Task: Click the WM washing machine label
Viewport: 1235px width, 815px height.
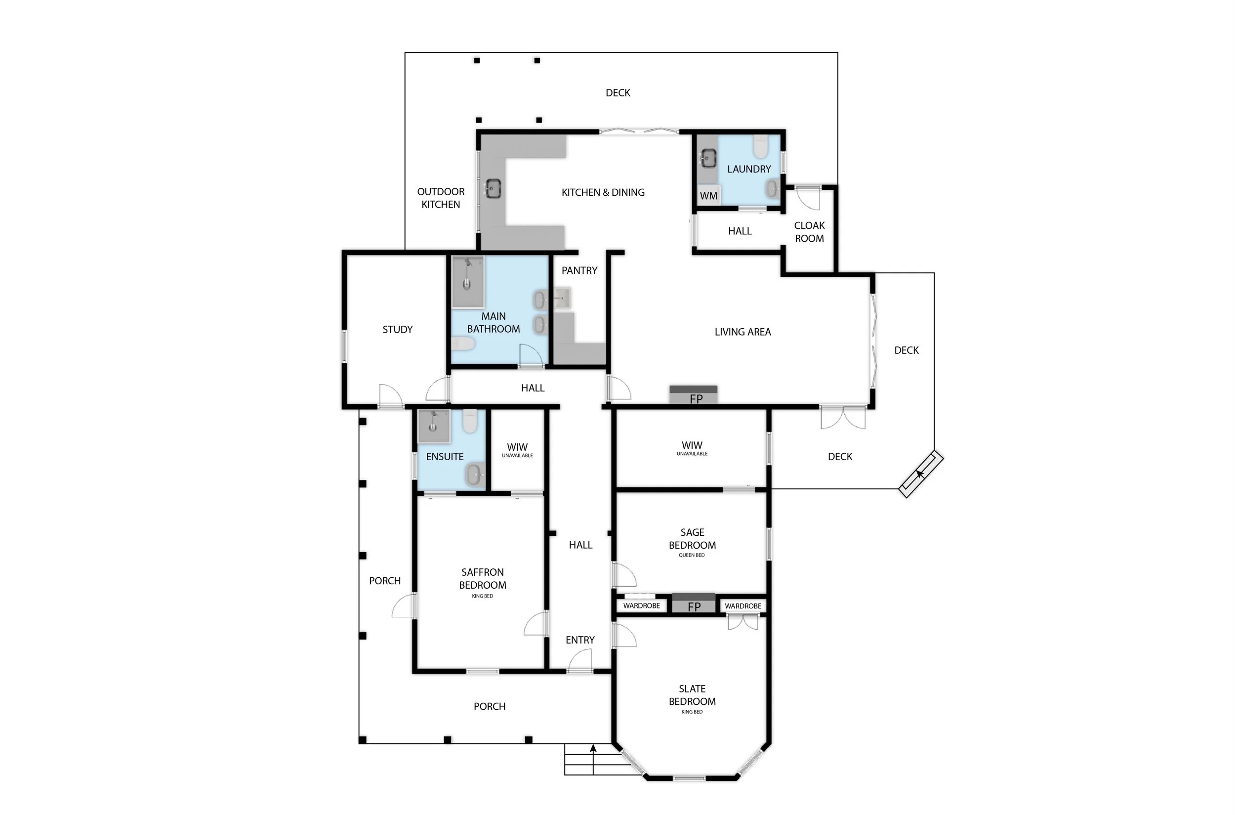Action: [708, 196]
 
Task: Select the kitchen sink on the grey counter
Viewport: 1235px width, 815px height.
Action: [492, 188]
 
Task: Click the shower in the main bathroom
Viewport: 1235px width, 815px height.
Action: [468, 281]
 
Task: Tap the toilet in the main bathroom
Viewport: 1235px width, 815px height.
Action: [462, 343]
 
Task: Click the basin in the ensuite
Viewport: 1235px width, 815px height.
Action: [474, 474]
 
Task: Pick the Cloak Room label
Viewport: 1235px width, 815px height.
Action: [809, 232]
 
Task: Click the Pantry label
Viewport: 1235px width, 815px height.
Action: [579, 270]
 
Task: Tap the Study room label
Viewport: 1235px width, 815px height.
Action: [398, 329]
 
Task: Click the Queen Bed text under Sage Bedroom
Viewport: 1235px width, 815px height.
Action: [692, 555]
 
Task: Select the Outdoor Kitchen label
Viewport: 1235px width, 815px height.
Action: [441, 198]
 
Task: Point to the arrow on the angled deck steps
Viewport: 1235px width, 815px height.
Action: [920, 473]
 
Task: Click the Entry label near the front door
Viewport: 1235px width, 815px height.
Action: [580, 640]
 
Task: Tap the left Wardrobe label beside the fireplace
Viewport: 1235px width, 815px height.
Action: [641, 605]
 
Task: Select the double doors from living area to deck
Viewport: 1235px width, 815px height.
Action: [843, 417]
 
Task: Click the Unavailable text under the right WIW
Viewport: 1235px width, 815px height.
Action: [692, 454]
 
